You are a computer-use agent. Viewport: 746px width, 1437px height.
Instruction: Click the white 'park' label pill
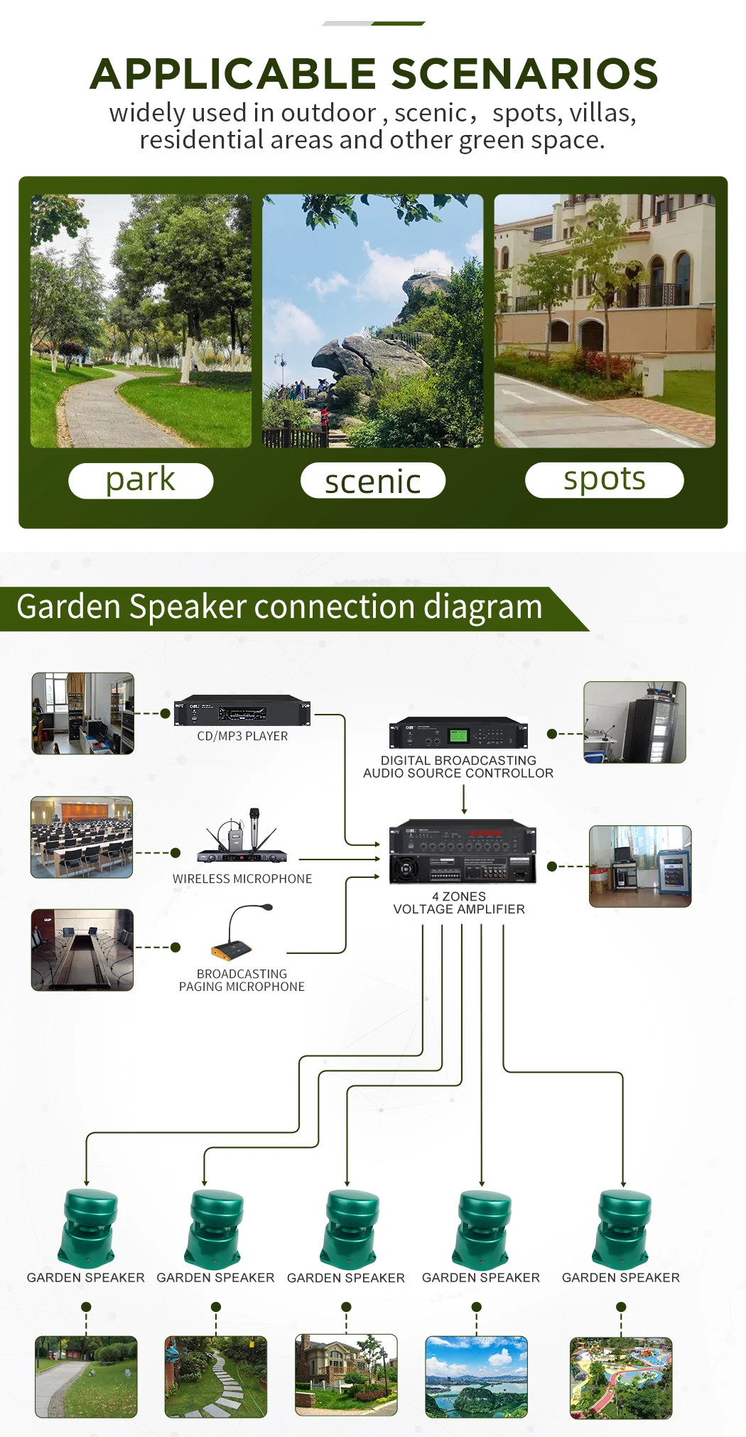pyautogui.click(x=141, y=481)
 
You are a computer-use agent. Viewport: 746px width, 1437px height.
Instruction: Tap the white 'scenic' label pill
pyautogui.click(x=373, y=481)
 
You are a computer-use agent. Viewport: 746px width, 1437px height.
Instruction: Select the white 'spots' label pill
pyautogui.click(x=604, y=480)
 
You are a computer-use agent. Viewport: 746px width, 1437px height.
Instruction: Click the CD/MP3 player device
pyautogui.click(x=242, y=710)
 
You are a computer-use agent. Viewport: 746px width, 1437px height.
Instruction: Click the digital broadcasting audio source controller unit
pyautogui.click(x=458, y=733)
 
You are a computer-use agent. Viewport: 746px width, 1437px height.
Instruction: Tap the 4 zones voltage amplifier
pyautogui.click(x=463, y=852)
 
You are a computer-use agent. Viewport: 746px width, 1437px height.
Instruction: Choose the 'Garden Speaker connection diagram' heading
pyautogui.click(x=279, y=607)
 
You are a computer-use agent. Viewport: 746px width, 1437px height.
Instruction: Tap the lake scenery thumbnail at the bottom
pyautogui.click(x=476, y=1377)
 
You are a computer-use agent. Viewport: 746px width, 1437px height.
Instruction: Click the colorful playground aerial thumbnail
pyautogui.click(x=621, y=1378)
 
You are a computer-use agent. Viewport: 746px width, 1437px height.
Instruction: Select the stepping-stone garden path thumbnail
pyautogui.click(x=216, y=1377)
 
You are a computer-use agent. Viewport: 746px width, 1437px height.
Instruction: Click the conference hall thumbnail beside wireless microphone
pyautogui.click(x=82, y=837)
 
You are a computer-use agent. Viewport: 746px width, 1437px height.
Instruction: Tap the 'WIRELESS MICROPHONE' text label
pyautogui.click(x=242, y=879)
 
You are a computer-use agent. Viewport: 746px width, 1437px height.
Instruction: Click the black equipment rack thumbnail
pyautogui.click(x=634, y=722)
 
